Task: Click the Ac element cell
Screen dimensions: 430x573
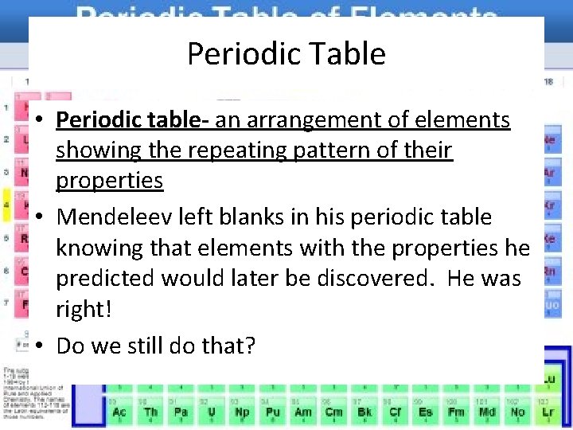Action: tap(119, 412)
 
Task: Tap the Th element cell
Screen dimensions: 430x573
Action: tap(150, 412)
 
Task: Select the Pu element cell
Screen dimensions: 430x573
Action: tap(272, 412)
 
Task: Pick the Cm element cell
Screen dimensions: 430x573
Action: tap(333, 412)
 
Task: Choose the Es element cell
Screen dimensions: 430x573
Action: tap(426, 412)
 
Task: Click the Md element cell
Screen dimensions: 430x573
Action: tap(487, 412)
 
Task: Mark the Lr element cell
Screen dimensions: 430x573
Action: tap(549, 412)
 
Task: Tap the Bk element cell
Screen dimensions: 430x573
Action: tap(364, 412)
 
